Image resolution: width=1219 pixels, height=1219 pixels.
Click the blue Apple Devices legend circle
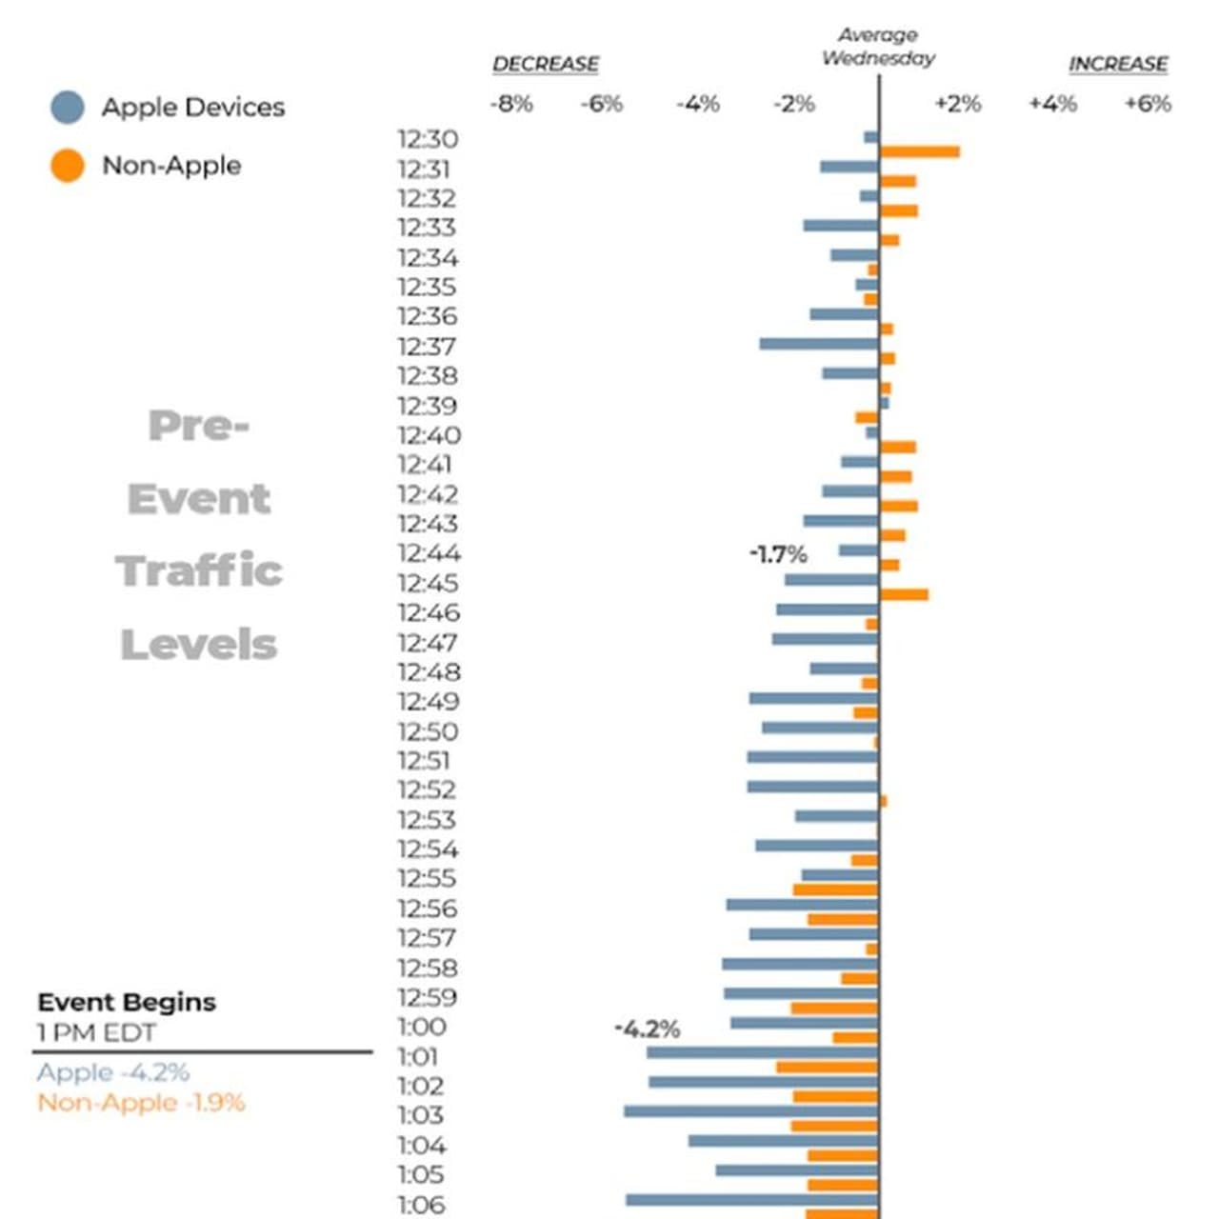click(x=68, y=108)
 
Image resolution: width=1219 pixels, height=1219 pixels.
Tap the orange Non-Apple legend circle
click(x=68, y=166)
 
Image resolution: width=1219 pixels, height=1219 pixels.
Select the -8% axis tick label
click(x=511, y=104)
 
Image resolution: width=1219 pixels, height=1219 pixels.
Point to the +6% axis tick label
click(x=1148, y=104)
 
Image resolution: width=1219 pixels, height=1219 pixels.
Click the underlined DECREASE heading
click(x=546, y=65)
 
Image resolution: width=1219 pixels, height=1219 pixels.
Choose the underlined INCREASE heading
click(x=1118, y=65)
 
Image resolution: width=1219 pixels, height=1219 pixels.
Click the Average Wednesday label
click(x=878, y=47)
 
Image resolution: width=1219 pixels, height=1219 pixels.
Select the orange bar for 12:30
click(x=919, y=151)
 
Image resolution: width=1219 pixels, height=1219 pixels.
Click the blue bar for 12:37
click(x=819, y=344)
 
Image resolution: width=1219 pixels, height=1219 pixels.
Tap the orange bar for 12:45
click(x=904, y=595)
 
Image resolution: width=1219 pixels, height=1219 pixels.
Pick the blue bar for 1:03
click(x=751, y=1111)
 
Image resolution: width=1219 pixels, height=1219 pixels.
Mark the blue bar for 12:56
click(x=802, y=905)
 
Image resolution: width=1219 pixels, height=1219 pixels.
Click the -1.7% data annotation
click(x=778, y=554)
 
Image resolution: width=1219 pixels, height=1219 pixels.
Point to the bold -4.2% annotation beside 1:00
click(x=648, y=1029)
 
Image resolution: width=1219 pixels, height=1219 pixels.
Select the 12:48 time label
click(x=430, y=672)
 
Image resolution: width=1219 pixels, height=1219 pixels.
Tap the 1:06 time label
click(x=421, y=1205)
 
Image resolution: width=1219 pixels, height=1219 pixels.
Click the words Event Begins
click(x=127, y=1002)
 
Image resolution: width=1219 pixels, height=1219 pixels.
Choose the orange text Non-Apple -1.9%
click(x=141, y=1103)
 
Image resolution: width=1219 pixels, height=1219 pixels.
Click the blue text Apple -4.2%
click(x=113, y=1072)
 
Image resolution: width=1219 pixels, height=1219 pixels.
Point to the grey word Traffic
click(x=199, y=571)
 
